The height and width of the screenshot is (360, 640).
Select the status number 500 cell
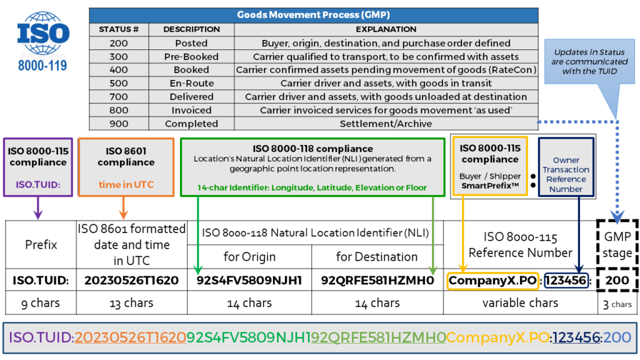pos(119,83)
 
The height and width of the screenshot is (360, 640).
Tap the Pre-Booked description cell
pos(191,57)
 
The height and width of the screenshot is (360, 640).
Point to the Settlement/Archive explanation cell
pos(386,124)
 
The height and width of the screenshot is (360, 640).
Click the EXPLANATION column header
pos(386,29)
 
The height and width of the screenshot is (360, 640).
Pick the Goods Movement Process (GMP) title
pos(314,15)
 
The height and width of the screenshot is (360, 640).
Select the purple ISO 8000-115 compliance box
pos(38,167)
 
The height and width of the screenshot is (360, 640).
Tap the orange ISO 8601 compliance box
pos(126,167)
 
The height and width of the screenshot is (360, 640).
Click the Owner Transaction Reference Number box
pos(566,167)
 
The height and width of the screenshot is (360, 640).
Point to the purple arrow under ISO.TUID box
pos(38,208)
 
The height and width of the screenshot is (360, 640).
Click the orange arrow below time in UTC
pos(124,208)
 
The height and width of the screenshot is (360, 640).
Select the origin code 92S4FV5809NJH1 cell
pos(249,281)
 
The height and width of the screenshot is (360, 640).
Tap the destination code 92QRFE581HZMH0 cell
pos(377,281)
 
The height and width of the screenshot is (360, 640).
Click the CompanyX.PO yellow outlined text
pos(492,281)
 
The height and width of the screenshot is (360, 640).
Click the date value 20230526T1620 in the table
pos(131,281)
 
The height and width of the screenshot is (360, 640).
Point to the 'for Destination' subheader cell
pos(377,257)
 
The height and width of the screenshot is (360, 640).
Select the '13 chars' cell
pos(131,303)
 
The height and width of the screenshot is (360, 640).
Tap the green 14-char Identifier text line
pos(312,187)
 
